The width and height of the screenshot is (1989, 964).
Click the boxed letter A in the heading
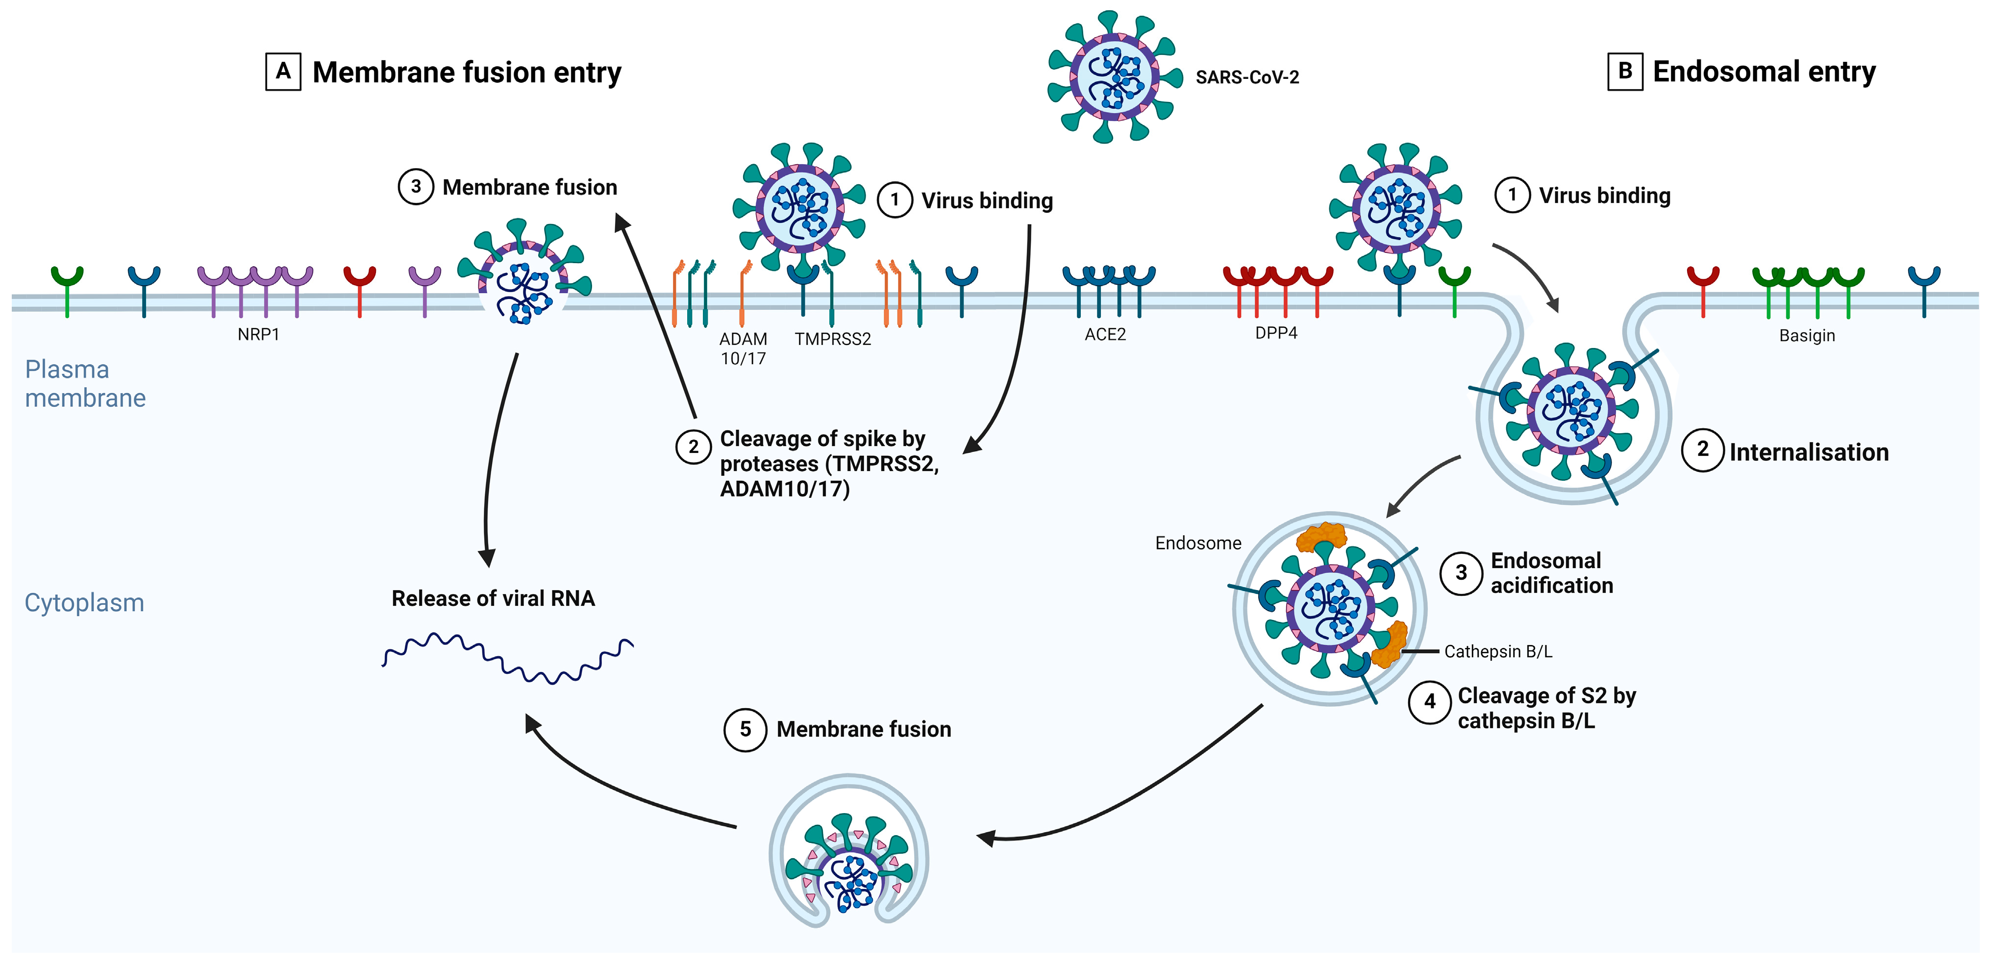pyautogui.click(x=283, y=72)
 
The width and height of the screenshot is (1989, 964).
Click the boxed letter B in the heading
pyautogui.click(x=1624, y=71)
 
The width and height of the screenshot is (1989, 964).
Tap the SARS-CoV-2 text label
pyautogui.click(x=1247, y=77)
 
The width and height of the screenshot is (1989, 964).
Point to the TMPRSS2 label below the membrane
pyautogui.click(x=832, y=339)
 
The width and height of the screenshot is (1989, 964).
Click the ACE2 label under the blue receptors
pyautogui.click(x=1105, y=334)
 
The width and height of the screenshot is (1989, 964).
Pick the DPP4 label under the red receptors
pyautogui.click(x=1275, y=333)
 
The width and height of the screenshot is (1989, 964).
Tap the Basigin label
pyautogui.click(x=1806, y=336)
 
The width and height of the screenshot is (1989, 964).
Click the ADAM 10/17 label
pyautogui.click(x=743, y=348)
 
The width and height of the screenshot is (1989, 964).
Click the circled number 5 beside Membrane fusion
pyautogui.click(x=745, y=729)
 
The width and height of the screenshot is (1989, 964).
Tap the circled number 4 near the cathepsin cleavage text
pyautogui.click(x=1429, y=702)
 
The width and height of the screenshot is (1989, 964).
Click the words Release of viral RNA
pyautogui.click(x=493, y=598)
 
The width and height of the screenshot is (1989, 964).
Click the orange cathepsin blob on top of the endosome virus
pyautogui.click(x=1321, y=536)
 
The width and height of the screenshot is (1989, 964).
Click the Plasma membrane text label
pyautogui.click(x=85, y=384)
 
